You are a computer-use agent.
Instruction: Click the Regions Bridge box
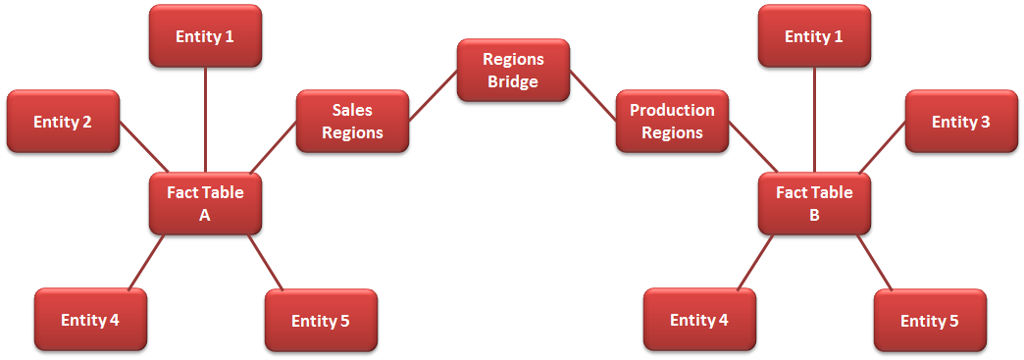click(x=513, y=70)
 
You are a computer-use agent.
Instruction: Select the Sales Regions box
click(x=352, y=122)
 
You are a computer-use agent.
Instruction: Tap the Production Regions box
click(x=672, y=122)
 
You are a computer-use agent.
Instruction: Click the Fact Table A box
click(x=205, y=203)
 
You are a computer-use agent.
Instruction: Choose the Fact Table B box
click(x=814, y=203)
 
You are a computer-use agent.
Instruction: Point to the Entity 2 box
click(x=63, y=122)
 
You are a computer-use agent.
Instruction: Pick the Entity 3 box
click(x=960, y=122)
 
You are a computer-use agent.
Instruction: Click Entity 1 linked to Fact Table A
click(x=205, y=36)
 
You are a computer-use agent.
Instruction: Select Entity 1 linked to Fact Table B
click(x=814, y=36)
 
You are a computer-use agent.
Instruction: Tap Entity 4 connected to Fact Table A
click(x=90, y=320)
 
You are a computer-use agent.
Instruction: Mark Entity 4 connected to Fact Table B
click(x=699, y=320)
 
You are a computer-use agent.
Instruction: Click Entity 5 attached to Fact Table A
click(x=321, y=321)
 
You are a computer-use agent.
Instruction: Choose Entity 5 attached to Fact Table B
click(x=930, y=321)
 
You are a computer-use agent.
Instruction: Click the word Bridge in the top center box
click(x=513, y=81)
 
